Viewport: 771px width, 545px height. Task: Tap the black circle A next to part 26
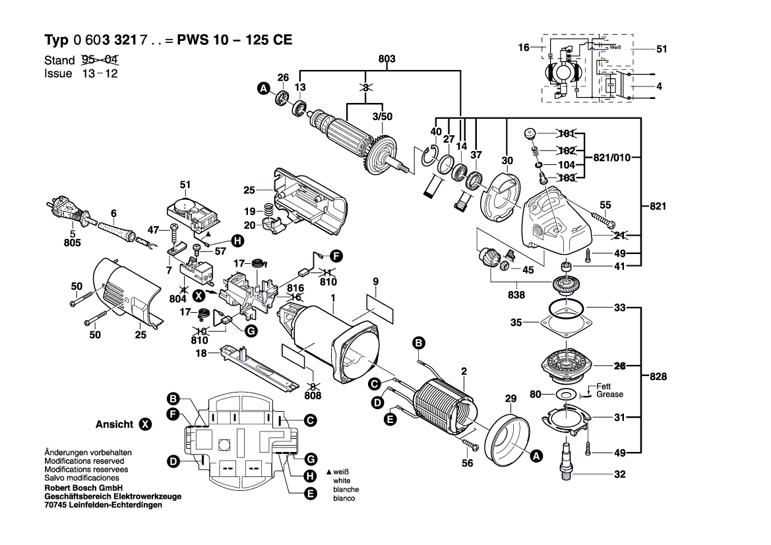pyautogui.click(x=263, y=88)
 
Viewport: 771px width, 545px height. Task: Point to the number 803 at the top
pyautogui.click(x=386, y=59)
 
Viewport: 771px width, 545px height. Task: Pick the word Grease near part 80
pyautogui.click(x=609, y=394)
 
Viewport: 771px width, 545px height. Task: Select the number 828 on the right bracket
pyautogui.click(x=658, y=377)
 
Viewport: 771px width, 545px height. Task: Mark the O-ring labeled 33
pyautogui.click(x=565, y=307)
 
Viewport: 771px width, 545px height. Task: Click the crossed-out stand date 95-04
pyautogui.click(x=99, y=60)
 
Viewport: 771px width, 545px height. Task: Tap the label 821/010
pyautogui.click(x=612, y=157)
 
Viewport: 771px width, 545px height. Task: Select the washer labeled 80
pyautogui.click(x=565, y=394)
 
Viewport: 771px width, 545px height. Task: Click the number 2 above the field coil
pyautogui.click(x=464, y=371)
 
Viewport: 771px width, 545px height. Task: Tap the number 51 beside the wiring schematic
pyautogui.click(x=662, y=49)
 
